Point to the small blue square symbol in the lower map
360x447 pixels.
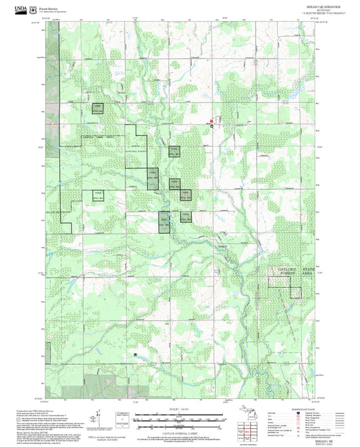tap(136, 352)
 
